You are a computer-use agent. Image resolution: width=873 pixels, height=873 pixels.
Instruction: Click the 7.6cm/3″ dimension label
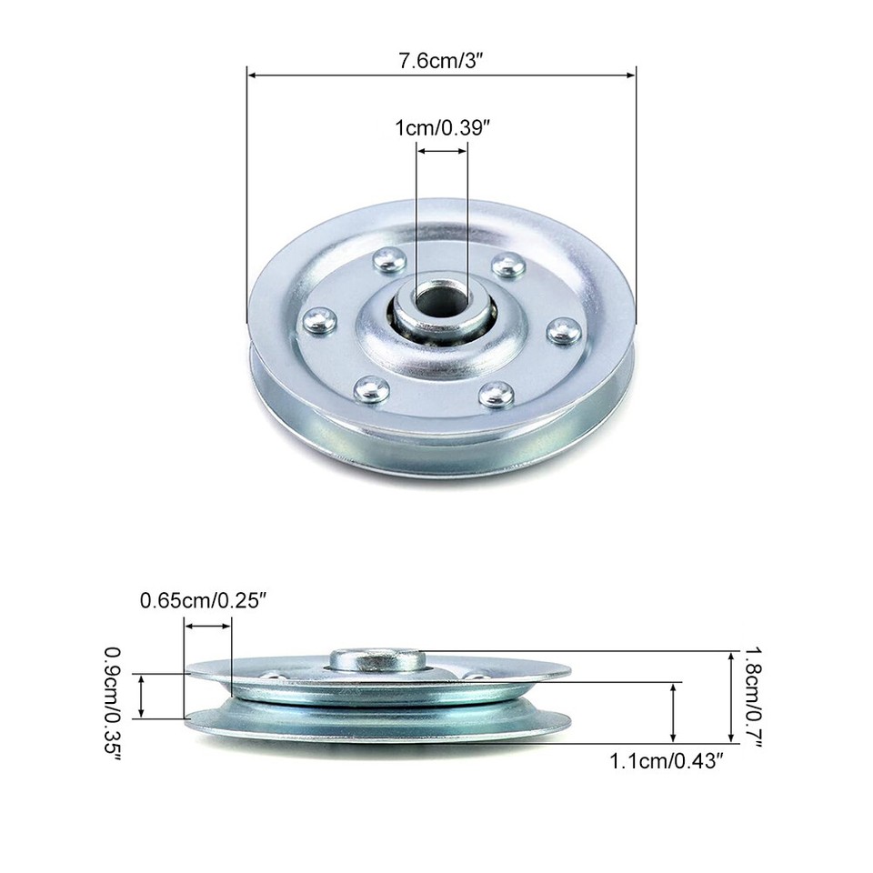[441, 61]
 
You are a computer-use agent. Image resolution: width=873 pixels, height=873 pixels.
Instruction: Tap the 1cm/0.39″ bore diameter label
[443, 128]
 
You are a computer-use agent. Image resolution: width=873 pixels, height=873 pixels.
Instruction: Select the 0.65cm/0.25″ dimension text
[203, 600]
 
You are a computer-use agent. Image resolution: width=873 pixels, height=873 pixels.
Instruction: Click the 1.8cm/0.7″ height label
[755, 696]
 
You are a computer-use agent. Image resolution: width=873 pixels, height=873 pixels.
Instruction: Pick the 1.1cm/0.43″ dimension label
[671, 760]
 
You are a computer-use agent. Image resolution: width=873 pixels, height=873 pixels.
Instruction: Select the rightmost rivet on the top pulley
[565, 330]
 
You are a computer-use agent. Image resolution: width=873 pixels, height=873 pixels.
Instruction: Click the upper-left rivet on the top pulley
[390, 260]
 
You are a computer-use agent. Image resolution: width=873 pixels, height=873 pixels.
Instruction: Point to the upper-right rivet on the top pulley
[507, 266]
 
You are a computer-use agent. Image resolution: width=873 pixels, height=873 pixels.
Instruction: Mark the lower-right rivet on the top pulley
[497, 394]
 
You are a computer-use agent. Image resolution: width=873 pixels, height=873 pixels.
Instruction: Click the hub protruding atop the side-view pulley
[376, 657]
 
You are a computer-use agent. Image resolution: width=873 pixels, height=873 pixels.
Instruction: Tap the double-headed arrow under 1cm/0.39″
[443, 154]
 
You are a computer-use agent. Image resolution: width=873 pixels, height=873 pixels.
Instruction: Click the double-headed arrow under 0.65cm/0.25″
[207, 625]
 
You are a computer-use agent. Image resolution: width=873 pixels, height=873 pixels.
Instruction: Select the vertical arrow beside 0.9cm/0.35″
[141, 696]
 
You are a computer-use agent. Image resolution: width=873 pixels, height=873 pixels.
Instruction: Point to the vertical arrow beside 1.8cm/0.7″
[731, 696]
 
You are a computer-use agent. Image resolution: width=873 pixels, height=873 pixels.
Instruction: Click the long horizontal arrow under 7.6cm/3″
[441, 76]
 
